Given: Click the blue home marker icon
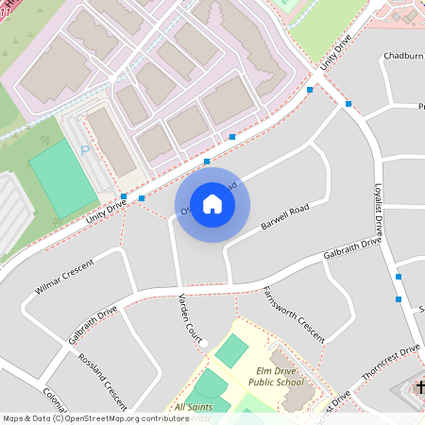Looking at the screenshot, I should point(212,204).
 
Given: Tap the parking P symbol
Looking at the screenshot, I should point(86,151).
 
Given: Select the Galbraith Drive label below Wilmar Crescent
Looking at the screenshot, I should point(93,323).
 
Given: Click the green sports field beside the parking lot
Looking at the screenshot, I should point(62,178).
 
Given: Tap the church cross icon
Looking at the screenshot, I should point(419,386).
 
